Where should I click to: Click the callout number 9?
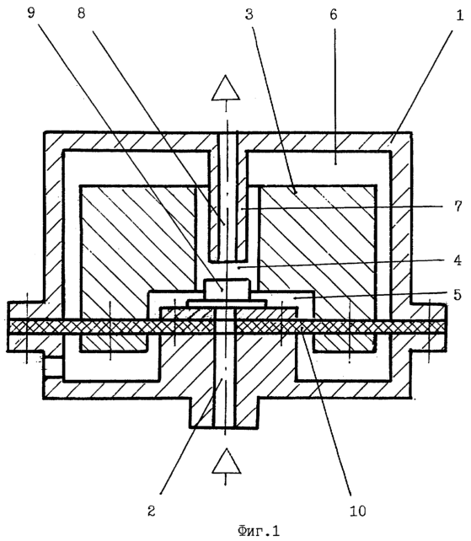tap(31, 13)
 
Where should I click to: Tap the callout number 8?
tap(82, 13)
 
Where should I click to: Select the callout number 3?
tap(249, 14)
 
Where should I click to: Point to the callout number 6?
tap(334, 14)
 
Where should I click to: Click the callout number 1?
tap(459, 15)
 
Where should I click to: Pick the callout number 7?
tap(458, 206)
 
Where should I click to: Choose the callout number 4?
tap(458, 260)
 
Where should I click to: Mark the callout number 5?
tap(458, 294)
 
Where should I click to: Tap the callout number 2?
tap(152, 511)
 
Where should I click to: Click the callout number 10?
tap(358, 511)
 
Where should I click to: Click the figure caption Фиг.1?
tap(259, 531)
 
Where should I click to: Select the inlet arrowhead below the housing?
tap(226, 461)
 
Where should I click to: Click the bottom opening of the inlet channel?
tap(224, 427)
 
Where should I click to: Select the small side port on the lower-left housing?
tap(53, 367)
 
